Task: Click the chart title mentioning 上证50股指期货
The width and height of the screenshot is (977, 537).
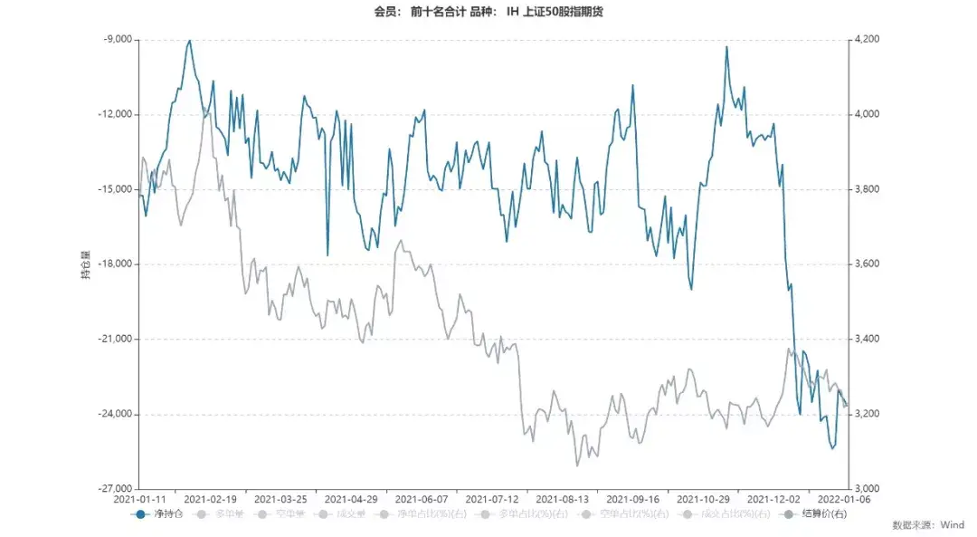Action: click(x=488, y=13)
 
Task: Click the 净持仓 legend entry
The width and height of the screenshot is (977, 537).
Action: click(x=160, y=513)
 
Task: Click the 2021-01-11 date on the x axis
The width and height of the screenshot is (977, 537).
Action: click(x=140, y=499)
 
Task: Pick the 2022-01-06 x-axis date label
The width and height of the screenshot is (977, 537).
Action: click(x=843, y=499)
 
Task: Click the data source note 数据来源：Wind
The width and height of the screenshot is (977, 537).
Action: click(x=928, y=524)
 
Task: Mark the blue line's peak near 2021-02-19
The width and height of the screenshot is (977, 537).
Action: click(x=189, y=41)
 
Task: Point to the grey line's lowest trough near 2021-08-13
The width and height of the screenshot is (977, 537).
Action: click(x=578, y=465)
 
